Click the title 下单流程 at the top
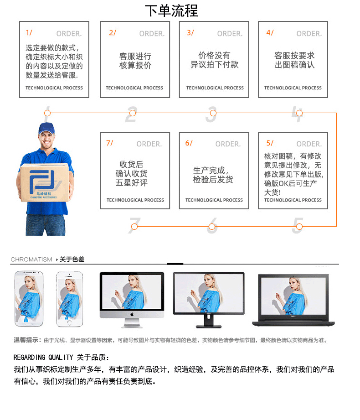click(x=171, y=10)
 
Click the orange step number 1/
click(x=29, y=33)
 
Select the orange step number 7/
click(x=109, y=143)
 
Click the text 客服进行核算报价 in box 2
click(x=135, y=61)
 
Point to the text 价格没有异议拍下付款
click(x=214, y=60)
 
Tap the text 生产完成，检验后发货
click(x=213, y=175)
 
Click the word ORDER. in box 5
click(x=309, y=144)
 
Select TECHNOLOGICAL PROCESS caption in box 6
click(x=214, y=200)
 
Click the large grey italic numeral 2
click(x=131, y=115)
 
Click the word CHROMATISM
click(x=31, y=259)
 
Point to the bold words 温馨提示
click(x=26, y=340)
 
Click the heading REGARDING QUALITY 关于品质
click(x=62, y=357)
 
